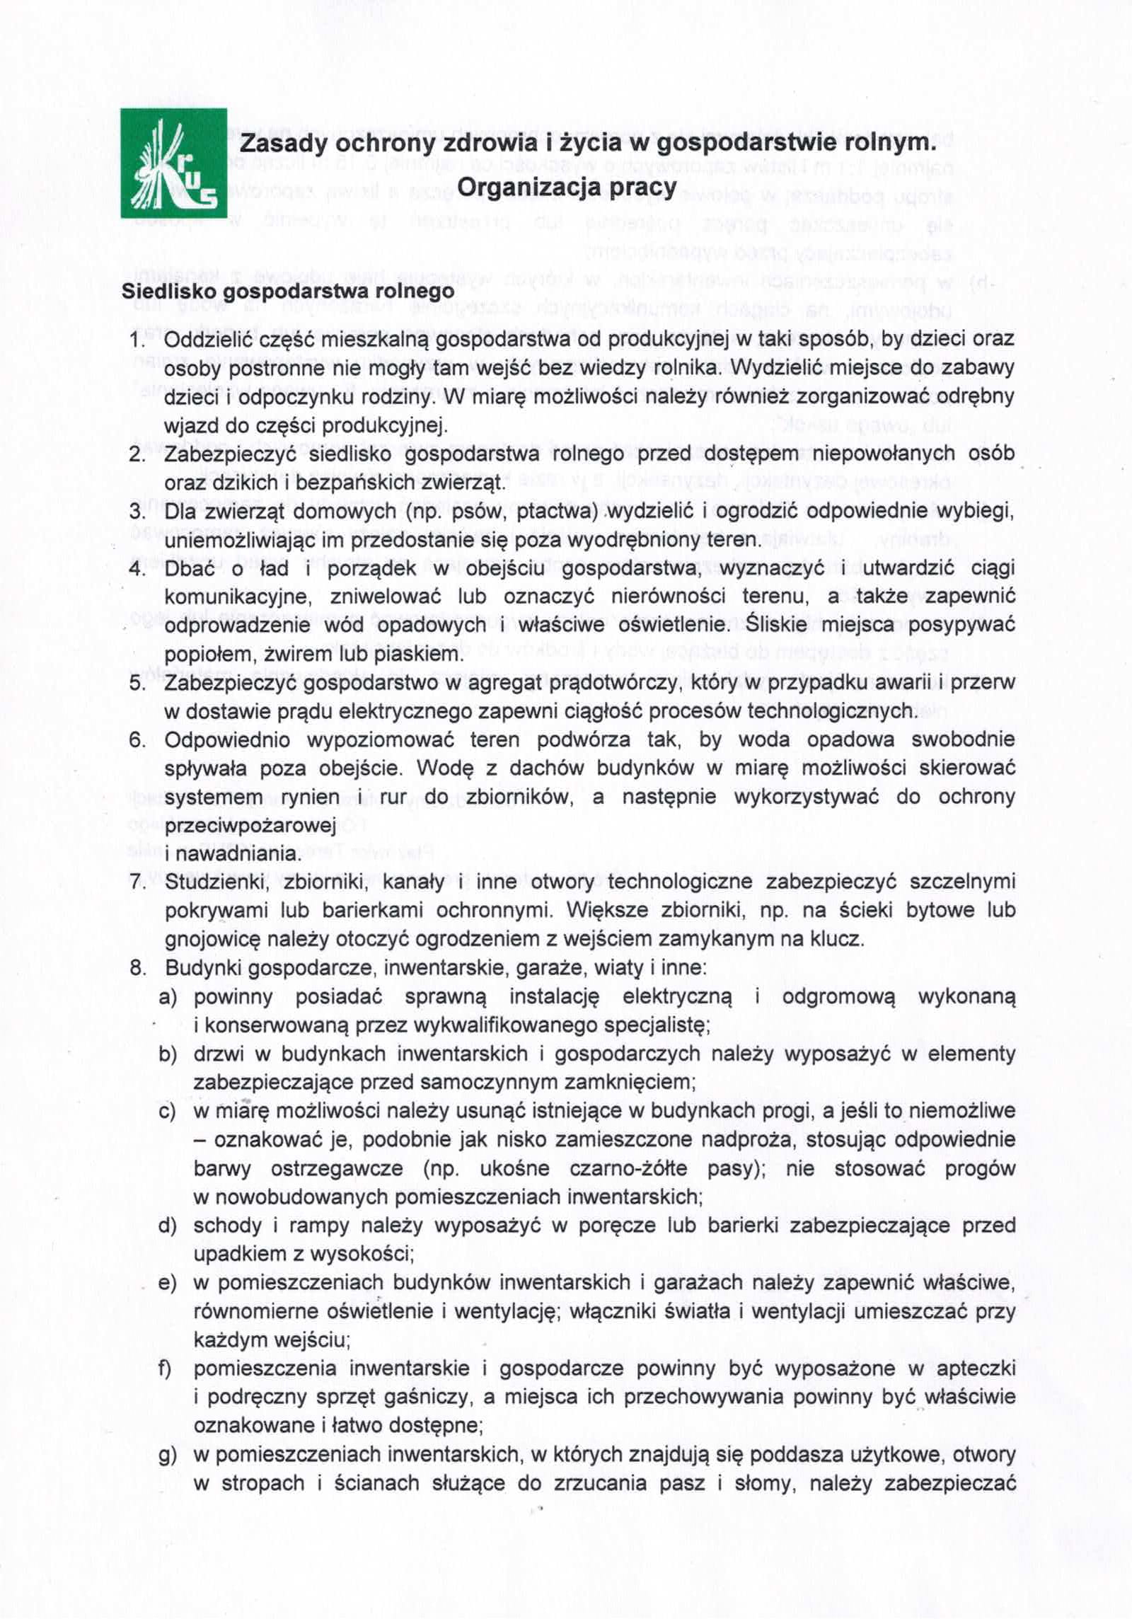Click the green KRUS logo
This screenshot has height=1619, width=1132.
(x=173, y=163)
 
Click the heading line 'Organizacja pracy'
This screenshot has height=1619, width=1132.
(x=567, y=187)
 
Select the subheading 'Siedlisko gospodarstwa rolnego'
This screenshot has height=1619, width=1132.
(x=288, y=292)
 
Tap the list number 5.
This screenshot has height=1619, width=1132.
(x=137, y=684)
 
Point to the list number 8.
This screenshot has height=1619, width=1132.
(x=137, y=967)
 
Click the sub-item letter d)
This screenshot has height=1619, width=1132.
(x=168, y=1226)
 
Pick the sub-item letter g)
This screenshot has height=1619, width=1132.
(x=168, y=1455)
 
